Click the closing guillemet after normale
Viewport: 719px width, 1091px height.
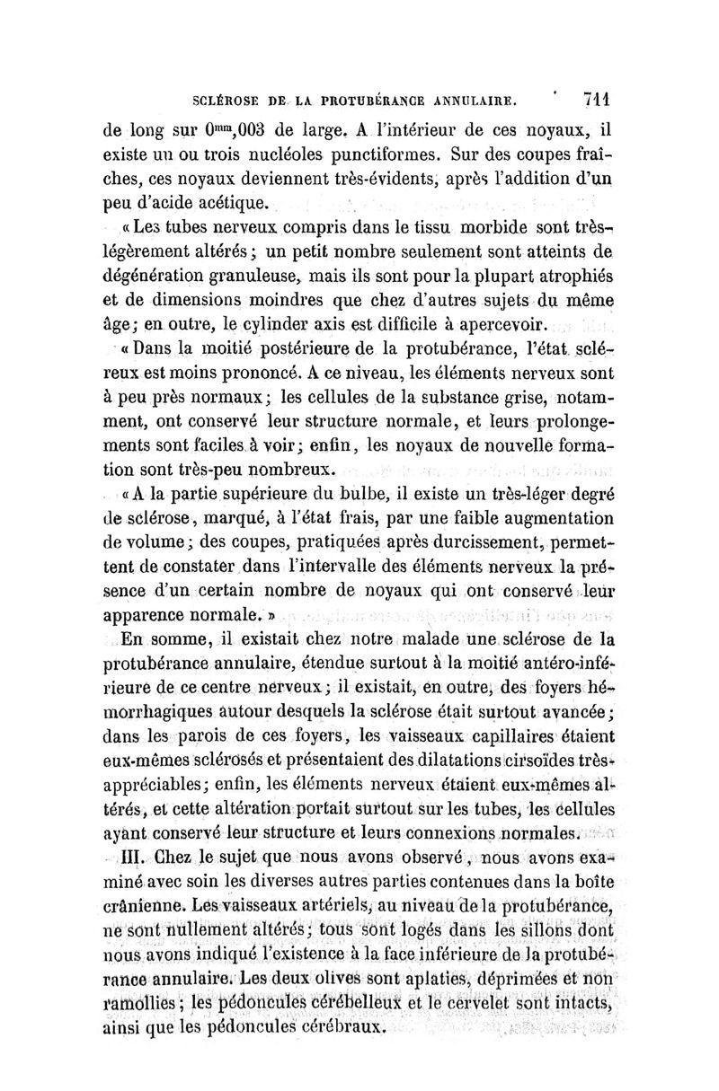(270, 618)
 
